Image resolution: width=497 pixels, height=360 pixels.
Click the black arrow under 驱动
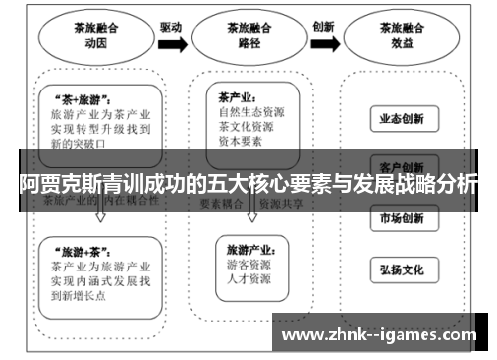pos(172,44)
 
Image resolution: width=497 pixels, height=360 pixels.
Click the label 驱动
pos(171,27)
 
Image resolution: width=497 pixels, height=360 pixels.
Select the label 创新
pos(323,27)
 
